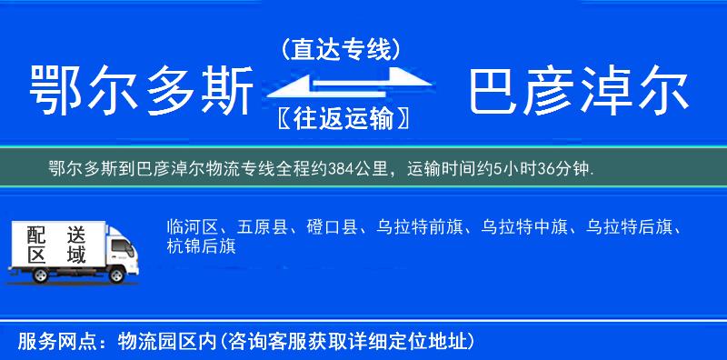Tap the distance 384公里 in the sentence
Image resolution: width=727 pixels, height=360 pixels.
click(363, 168)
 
